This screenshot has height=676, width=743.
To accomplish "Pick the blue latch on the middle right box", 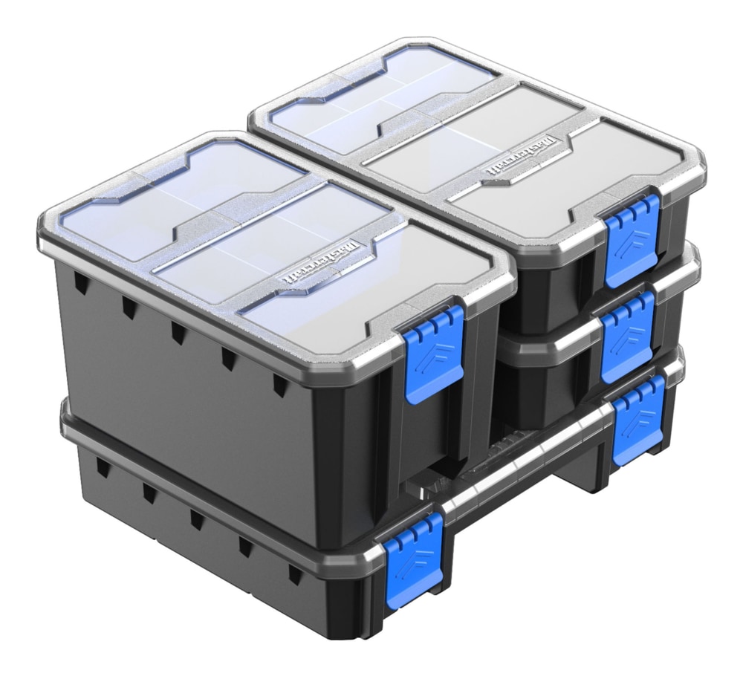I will click(x=628, y=330).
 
